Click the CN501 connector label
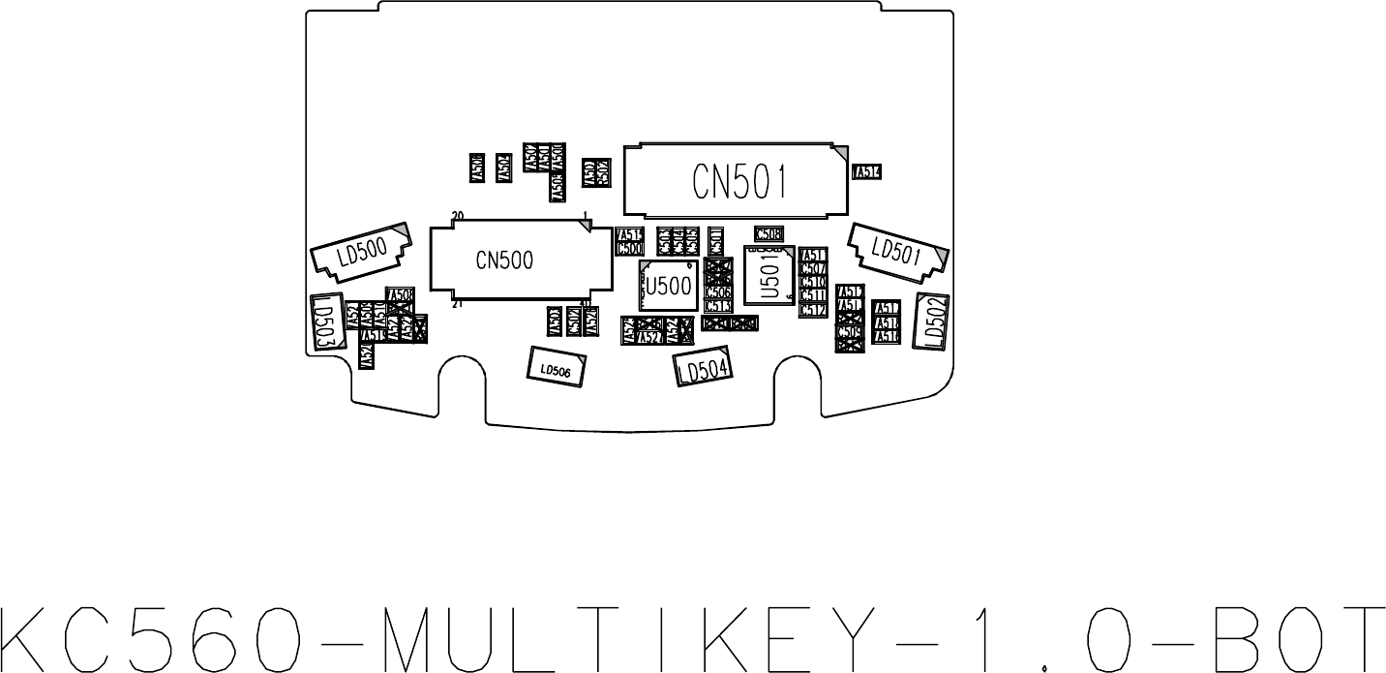coord(738,180)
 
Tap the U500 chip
coord(668,286)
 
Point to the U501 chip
coord(769,275)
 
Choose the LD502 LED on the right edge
coord(933,320)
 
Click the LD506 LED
coord(556,368)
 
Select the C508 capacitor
coord(768,233)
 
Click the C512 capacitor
coord(812,309)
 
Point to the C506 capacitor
coord(718,291)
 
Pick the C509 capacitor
coord(850,331)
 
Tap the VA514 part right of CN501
coord(867,171)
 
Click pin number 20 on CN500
coord(458,215)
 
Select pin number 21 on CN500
coord(456,304)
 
